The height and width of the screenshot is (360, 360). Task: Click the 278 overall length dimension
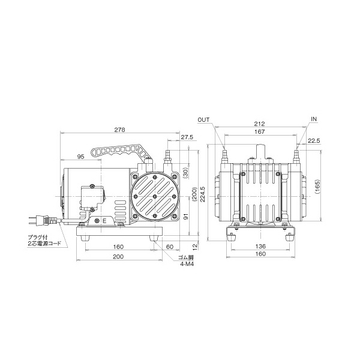coord(119,130)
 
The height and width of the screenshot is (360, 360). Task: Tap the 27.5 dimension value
coord(187,137)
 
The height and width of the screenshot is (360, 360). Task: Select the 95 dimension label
coord(80,157)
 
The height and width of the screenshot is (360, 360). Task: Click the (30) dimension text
coord(187,173)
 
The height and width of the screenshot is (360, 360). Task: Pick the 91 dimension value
coord(187,216)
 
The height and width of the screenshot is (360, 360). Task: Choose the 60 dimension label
coord(170,247)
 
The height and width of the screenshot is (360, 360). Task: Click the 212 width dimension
coord(259,124)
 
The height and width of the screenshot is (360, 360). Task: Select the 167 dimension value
coord(259,132)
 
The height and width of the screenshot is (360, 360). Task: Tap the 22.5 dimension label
coord(314,141)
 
